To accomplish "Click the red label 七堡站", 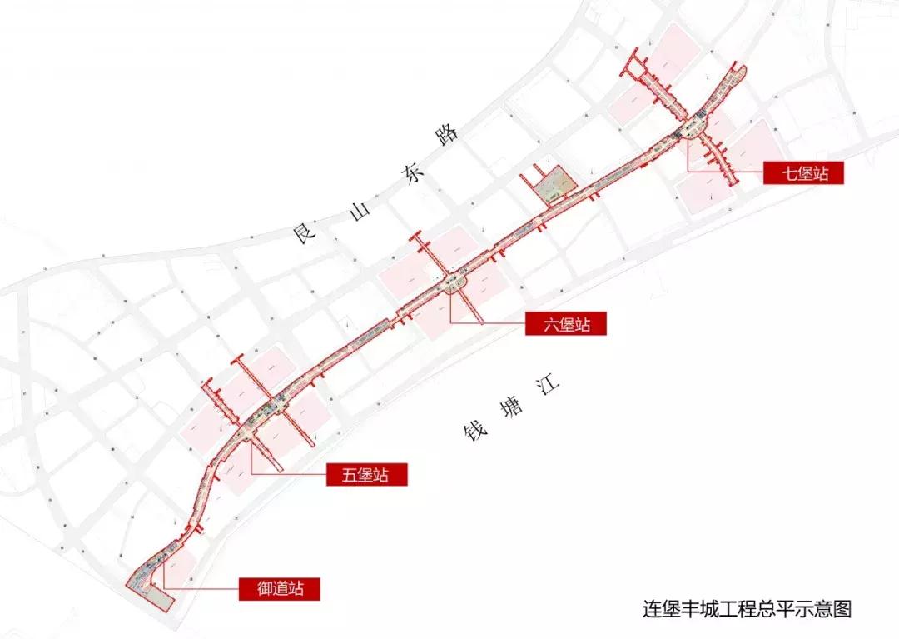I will [803, 173].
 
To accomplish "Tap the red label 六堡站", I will [567, 323].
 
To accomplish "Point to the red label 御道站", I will [279, 588].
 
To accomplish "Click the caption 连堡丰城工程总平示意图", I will [747, 608].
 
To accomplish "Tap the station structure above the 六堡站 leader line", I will [454, 284].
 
